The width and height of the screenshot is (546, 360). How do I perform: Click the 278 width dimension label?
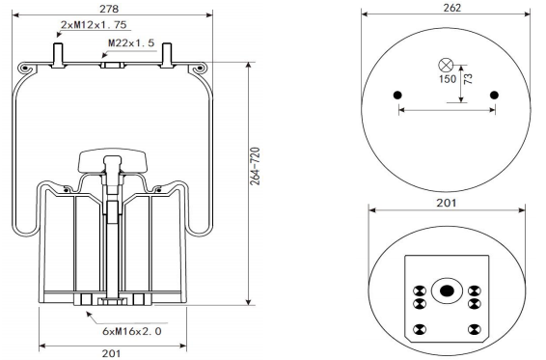click(x=109, y=9)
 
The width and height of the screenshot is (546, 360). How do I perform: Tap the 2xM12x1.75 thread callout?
click(x=94, y=25)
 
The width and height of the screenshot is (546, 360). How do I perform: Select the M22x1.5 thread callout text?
click(x=131, y=42)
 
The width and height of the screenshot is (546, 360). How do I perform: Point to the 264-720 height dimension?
click(x=256, y=166)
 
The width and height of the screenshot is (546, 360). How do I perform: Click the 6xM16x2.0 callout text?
click(x=132, y=331)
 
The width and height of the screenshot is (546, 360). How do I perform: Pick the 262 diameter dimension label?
click(x=452, y=8)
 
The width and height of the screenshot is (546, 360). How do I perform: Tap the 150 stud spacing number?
click(x=448, y=79)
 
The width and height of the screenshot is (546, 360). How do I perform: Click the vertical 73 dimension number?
click(x=469, y=79)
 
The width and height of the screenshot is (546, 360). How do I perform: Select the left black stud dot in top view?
click(x=397, y=96)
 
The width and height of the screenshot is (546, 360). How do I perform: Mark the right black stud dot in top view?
click(x=494, y=96)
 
